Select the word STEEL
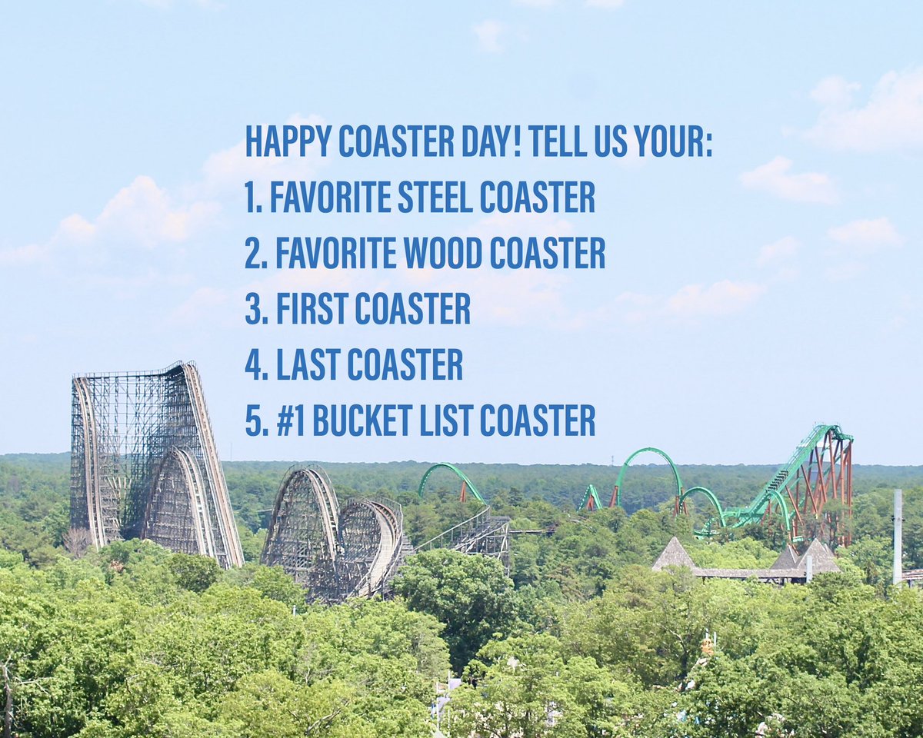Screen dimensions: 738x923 click(x=435, y=197)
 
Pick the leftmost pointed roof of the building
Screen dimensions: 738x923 click(x=674, y=553)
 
